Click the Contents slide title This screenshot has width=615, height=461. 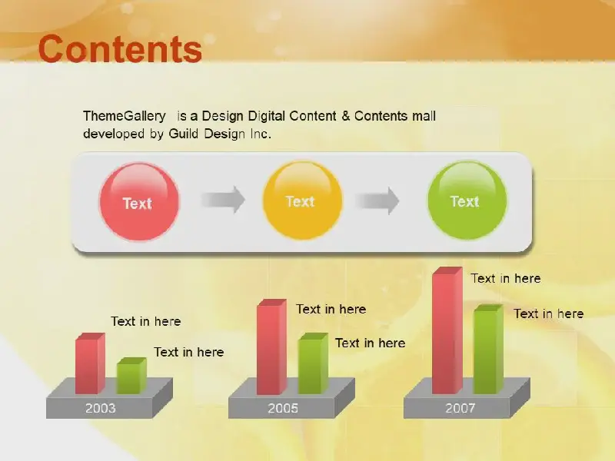120,49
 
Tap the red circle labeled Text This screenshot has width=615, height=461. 139,201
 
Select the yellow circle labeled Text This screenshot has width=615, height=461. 302,200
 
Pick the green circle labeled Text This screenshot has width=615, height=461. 467,200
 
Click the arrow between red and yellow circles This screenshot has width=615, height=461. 223,200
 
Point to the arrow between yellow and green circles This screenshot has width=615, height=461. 377,201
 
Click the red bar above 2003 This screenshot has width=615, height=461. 90,363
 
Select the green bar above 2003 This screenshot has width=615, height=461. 131,376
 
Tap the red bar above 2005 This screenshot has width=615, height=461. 271,347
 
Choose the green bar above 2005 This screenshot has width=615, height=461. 313,363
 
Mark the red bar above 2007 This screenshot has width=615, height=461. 447,330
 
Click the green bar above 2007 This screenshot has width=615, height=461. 488,349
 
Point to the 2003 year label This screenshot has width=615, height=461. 101,409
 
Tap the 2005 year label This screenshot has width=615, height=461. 283,409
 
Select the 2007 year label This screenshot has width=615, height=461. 460,409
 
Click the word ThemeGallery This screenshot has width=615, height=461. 125,116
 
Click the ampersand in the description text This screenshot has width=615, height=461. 345,116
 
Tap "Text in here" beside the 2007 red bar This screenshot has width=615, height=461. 506,278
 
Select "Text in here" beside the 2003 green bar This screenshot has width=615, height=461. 188,352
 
